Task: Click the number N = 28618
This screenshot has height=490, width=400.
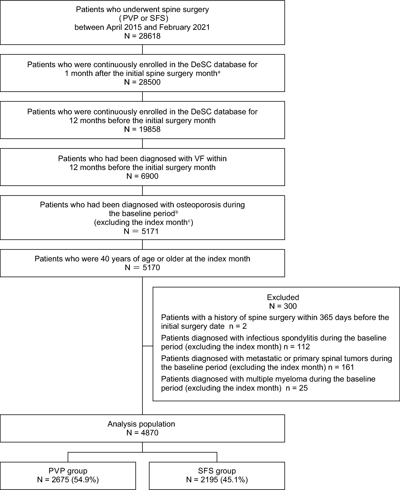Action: (142, 36)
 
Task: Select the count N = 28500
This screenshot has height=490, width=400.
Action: (142, 82)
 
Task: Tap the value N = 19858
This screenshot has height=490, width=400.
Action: (142, 129)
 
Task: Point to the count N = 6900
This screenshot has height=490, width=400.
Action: (142, 176)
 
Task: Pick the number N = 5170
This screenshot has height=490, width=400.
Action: (142, 268)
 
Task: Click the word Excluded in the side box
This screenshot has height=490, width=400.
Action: (283, 297)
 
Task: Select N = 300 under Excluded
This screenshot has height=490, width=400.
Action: (283, 306)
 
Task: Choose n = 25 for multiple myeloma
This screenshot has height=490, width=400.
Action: (297, 388)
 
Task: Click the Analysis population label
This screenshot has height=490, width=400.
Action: (141, 424)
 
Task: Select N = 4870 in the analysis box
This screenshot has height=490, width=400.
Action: (142, 433)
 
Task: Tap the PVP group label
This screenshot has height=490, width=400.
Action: (68, 471)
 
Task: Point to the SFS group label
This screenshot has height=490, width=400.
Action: (217, 471)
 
